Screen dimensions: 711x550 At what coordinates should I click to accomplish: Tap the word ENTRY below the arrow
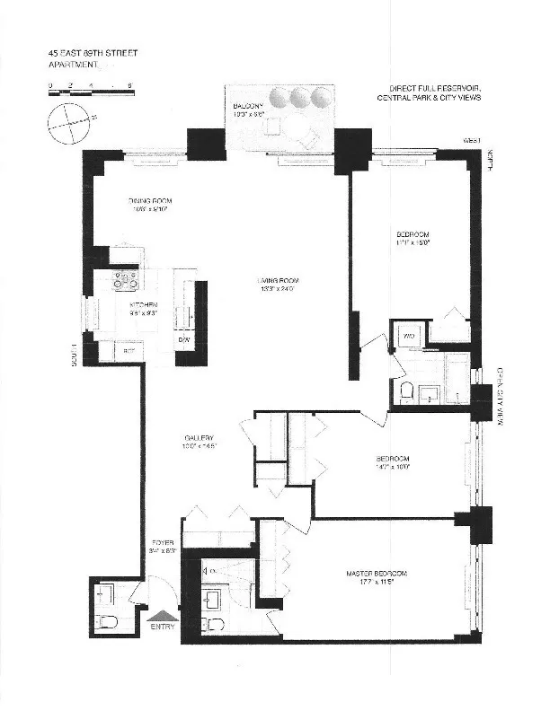point(164,628)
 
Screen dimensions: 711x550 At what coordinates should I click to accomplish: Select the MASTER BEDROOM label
point(377,575)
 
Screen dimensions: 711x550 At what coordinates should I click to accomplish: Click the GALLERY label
point(200,440)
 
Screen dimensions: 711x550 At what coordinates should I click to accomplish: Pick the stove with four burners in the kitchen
point(125,282)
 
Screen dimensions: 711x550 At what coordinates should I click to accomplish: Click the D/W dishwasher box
point(184,340)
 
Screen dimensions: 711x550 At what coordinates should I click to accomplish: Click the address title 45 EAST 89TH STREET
point(93,53)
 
